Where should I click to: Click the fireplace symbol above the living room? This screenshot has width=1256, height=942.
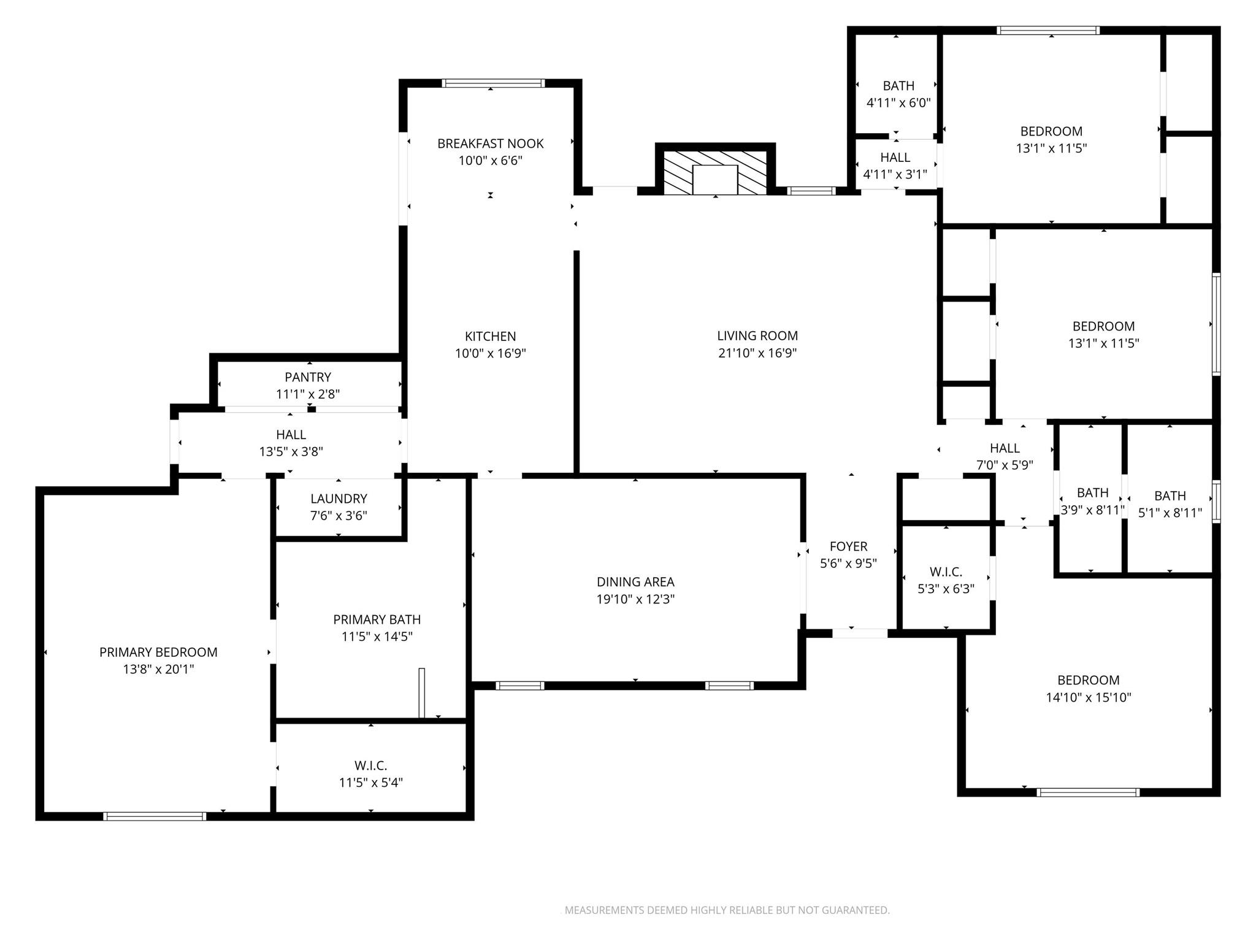[715, 172]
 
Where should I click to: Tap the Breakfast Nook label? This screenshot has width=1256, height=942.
[490, 144]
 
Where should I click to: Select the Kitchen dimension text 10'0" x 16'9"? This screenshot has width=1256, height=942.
[490, 353]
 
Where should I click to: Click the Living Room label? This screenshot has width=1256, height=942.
[757, 335]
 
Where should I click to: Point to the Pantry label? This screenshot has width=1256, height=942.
[308, 377]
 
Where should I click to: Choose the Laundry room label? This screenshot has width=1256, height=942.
[339, 499]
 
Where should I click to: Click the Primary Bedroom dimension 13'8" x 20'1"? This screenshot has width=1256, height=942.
[158, 669]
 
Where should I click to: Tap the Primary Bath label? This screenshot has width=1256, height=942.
[377, 619]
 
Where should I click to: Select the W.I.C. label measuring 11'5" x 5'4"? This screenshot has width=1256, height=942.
[370, 765]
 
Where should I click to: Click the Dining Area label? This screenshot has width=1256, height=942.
[635, 581]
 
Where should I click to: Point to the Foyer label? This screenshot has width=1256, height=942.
[848, 546]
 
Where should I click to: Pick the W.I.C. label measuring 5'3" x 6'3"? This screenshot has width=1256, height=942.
[946, 572]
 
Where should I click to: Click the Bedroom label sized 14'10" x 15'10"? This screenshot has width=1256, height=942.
[1089, 680]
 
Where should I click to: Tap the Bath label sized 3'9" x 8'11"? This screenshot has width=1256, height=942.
[1092, 492]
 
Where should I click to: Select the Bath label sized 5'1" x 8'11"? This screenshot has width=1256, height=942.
[1170, 496]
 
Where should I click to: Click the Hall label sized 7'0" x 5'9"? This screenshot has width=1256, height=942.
[1005, 448]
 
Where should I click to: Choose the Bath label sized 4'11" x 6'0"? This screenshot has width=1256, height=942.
[898, 86]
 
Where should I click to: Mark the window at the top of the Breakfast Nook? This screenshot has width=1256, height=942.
[493, 83]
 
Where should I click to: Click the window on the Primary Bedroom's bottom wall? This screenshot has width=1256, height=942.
[155, 816]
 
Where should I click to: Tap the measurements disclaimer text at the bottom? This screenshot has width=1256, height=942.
[727, 910]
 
